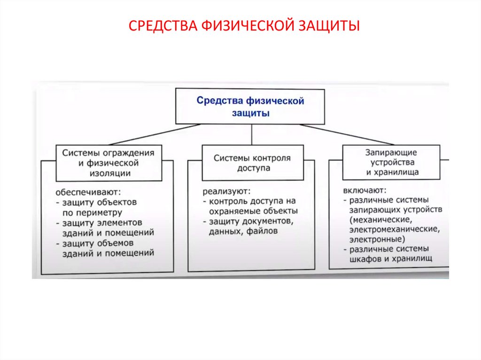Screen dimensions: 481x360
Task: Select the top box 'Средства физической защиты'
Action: [x=250, y=107]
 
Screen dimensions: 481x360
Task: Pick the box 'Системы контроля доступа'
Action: [x=252, y=163]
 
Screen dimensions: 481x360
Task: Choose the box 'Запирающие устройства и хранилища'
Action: [x=391, y=162]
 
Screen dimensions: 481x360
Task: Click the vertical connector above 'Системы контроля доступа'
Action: [x=252, y=135]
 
